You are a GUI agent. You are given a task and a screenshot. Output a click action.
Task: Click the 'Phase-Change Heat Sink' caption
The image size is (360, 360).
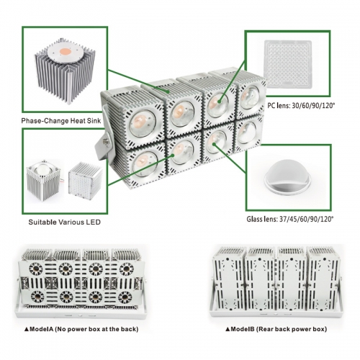pos(61,120)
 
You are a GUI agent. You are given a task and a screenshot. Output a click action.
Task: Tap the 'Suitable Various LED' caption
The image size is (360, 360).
pos(64,222)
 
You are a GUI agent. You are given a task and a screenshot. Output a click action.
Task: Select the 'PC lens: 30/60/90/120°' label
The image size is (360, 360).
pos(301,105)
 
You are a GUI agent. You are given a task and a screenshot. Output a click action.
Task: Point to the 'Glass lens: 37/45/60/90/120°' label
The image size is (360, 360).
pos(290,219)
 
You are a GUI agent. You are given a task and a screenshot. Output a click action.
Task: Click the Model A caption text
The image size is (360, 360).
pos(81,329)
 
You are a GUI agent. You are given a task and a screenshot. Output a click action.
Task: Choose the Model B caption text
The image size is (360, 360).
pos(276,329)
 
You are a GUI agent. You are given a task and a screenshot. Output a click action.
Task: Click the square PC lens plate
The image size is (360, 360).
pos(288,64)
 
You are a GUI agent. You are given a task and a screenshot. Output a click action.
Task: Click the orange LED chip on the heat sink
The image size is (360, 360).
pos(66,51)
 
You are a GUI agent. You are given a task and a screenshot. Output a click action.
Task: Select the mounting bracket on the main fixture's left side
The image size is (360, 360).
pos(104,144)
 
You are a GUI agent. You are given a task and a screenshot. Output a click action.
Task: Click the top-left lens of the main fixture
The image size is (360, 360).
pos(143,124)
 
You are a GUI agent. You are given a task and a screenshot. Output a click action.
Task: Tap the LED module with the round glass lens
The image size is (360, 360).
pos(43,180)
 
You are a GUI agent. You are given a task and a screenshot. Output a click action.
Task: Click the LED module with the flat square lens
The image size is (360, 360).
pos(85,179)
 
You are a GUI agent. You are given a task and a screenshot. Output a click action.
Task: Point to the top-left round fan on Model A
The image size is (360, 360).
pos(36,269)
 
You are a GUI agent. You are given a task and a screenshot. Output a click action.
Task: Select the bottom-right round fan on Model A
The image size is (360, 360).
pos(125,297)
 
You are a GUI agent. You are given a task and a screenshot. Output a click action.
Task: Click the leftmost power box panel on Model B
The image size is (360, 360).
pos(228,283)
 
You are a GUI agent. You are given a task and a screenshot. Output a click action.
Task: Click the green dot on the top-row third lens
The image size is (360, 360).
pos(220,102)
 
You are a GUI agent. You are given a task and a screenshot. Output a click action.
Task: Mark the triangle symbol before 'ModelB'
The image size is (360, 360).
pos(228,329)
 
